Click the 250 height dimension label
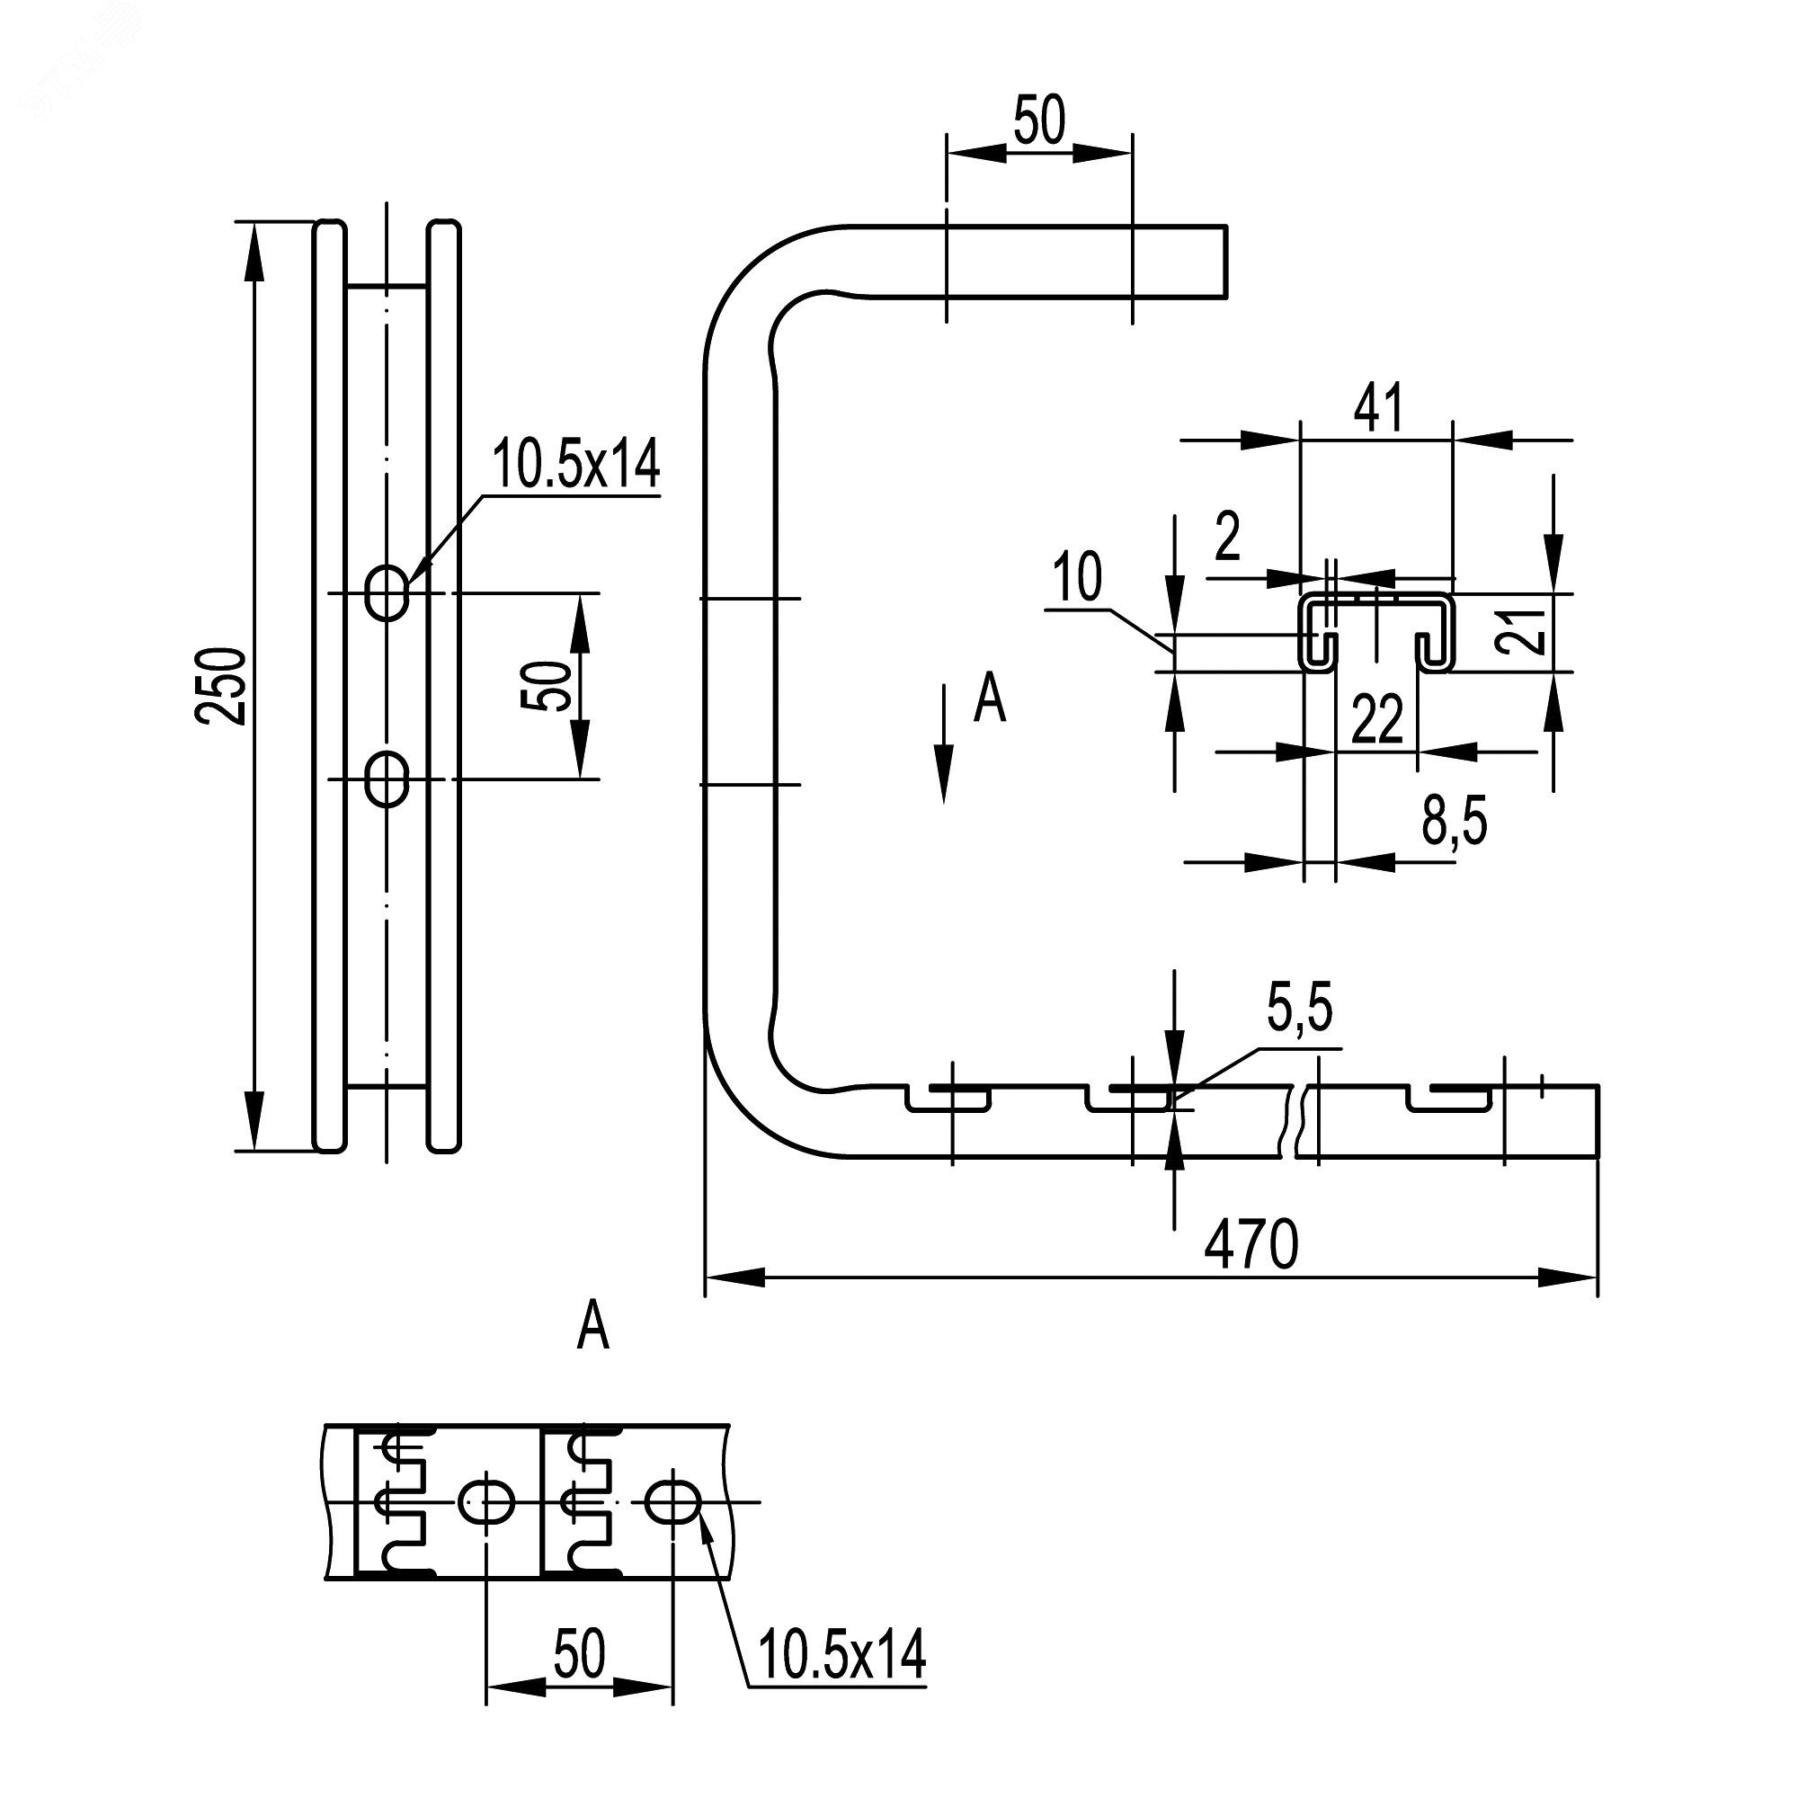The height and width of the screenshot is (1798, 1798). [221, 686]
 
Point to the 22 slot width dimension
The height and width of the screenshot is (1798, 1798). [1376, 718]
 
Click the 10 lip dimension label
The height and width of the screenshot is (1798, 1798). [1078, 577]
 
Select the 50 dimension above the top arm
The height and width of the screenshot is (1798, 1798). [1038, 121]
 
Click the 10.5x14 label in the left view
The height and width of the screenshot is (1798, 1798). [576, 465]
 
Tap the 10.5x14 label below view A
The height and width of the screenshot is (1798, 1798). [842, 1654]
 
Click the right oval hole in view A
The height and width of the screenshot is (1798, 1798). [672, 1527]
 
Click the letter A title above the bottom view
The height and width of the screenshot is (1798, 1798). [592, 1327]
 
